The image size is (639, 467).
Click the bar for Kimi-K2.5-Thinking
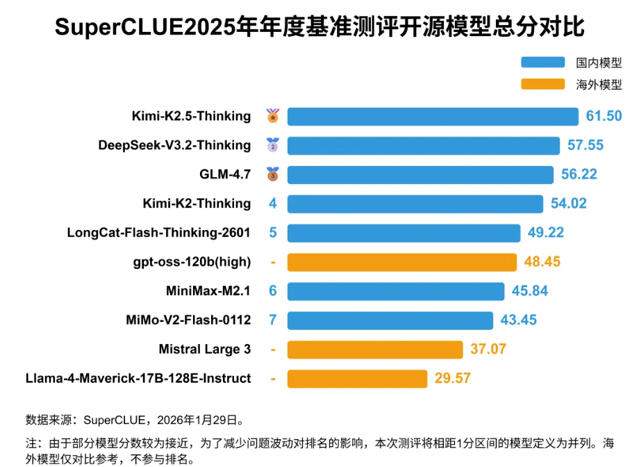point(433,116)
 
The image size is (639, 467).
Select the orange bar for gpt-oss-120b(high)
point(401,262)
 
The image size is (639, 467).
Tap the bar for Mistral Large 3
point(375,350)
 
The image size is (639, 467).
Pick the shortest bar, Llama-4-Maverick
point(357,379)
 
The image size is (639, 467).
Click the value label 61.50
point(604,116)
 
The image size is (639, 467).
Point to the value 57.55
point(585,145)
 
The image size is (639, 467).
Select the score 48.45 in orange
point(542,262)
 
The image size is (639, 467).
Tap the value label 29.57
point(452,379)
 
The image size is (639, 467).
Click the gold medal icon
point(273,115)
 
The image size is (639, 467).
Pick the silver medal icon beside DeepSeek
point(273,145)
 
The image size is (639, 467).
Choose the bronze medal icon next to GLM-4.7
point(273,174)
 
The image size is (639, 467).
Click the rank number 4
point(273,204)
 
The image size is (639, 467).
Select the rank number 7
point(273,320)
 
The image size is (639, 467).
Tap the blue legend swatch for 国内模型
point(542,63)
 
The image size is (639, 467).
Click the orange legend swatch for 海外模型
point(542,85)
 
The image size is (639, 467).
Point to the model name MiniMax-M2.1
point(208,291)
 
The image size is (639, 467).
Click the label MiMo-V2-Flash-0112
point(188,320)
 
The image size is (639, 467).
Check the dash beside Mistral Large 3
point(273,350)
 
